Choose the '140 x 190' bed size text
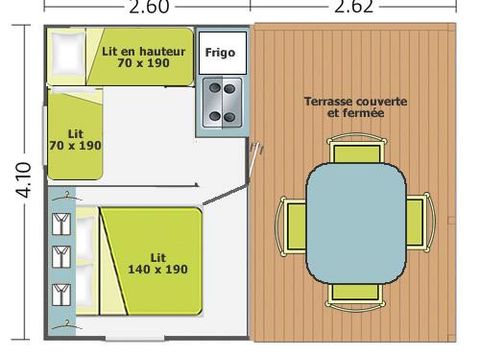tap(158, 269)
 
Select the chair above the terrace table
tap(355, 152)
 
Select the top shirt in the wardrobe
tap(59, 219)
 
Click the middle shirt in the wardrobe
tap(59, 257)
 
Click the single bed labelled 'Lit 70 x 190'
tap(75, 137)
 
